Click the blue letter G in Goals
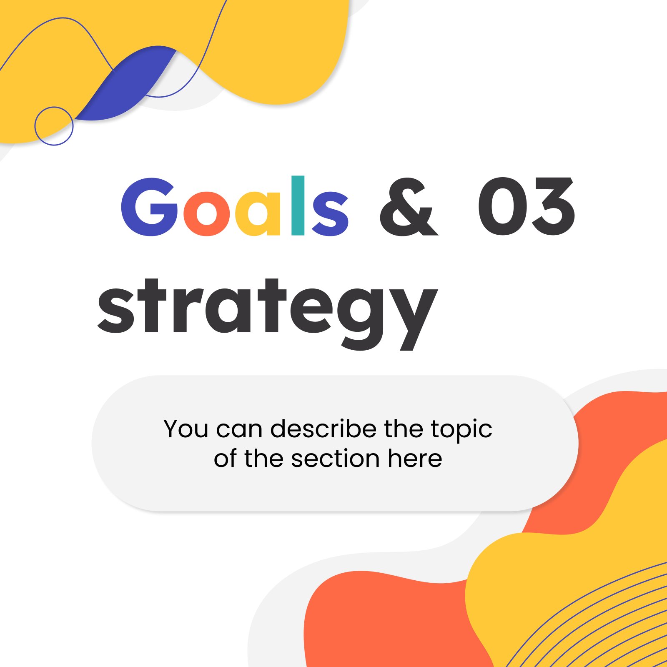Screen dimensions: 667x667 point(149,207)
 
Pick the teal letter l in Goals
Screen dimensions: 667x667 point(298,206)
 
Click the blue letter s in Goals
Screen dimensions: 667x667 point(330,214)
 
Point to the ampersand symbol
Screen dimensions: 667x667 point(409,207)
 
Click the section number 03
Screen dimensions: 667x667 point(527,206)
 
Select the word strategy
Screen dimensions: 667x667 point(267,314)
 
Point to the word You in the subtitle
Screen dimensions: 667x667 point(186,429)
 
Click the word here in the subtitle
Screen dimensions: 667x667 point(415,458)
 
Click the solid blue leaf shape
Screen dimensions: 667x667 point(125,83)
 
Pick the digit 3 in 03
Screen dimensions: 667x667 point(551,206)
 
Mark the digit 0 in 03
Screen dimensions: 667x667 point(502,206)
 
